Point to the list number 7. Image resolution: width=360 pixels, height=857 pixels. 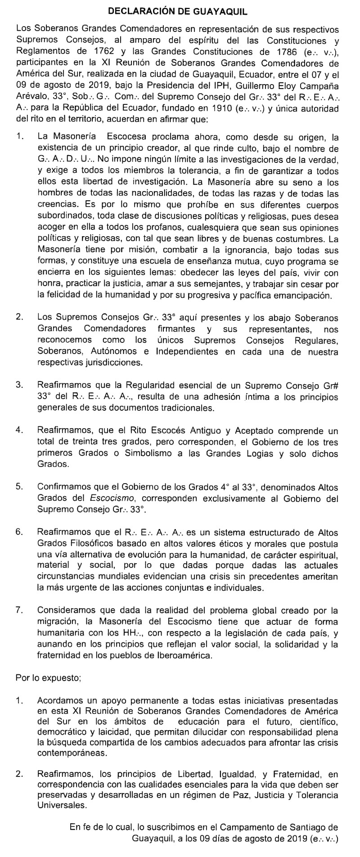(19, 610)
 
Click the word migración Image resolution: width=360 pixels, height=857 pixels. (59, 622)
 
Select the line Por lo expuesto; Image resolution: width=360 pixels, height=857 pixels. (48, 677)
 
